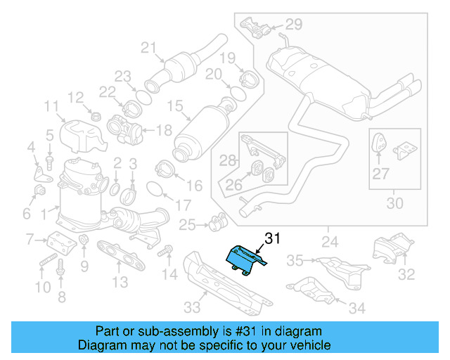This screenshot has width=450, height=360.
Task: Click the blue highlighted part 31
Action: point(243,259)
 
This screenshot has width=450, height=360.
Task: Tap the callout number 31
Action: point(272,238)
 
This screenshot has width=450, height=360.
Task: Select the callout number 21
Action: point(148,48)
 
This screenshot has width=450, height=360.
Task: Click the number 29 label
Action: point(293,25)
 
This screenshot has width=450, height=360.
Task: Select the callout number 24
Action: point(329,243)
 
